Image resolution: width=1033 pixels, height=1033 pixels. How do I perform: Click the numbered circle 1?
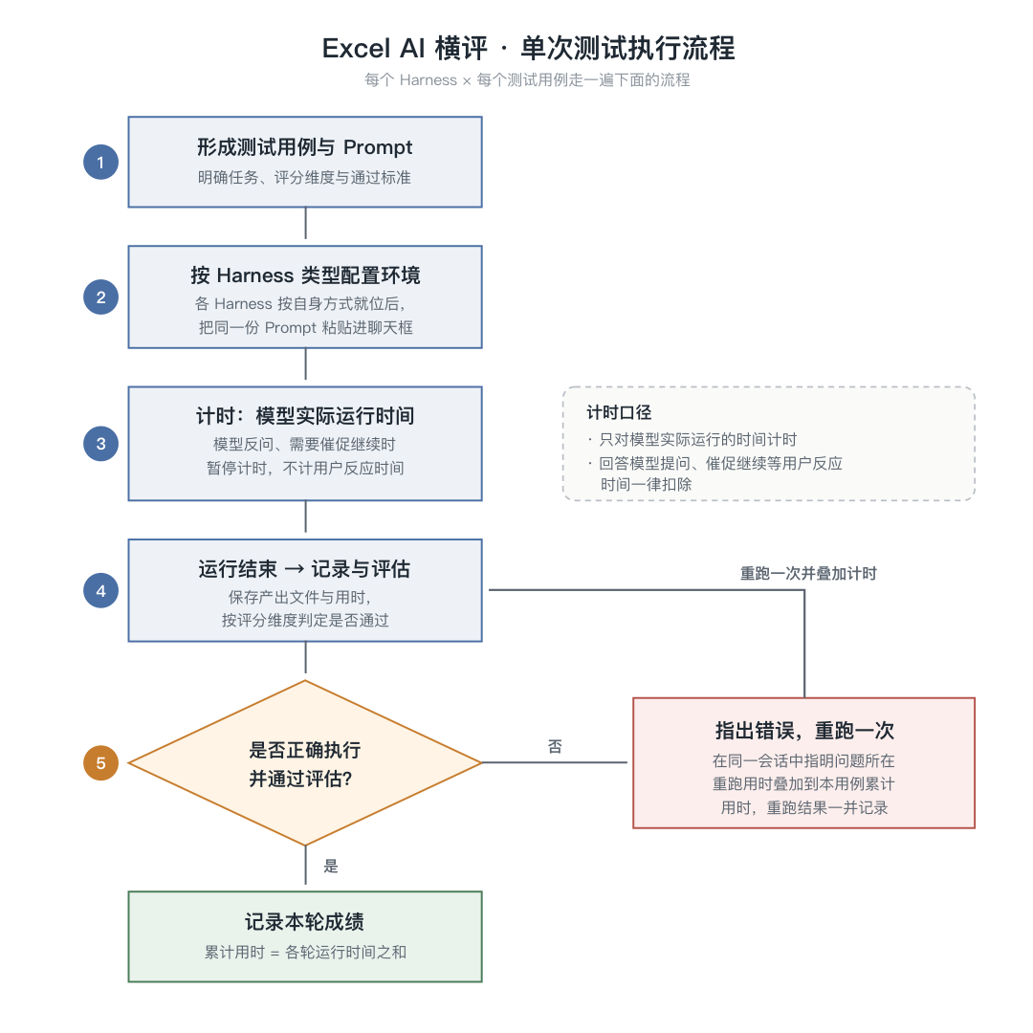[100, 162]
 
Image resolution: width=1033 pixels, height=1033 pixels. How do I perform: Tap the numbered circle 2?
[100, 297]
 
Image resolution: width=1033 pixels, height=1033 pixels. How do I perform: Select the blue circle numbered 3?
[100, 444]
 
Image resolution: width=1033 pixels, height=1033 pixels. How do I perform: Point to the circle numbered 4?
[100, 590]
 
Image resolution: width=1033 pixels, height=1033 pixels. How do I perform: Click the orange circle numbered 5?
[100, 763]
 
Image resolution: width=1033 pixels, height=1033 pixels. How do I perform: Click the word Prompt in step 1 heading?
[378, 147]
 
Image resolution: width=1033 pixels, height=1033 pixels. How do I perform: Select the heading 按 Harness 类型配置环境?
[305, 275]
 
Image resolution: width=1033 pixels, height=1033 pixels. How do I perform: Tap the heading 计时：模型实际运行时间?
[305, 416]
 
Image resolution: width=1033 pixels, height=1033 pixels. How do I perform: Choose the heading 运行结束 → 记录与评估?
[304, 569]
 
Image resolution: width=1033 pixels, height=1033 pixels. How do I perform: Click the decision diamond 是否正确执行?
[305, 763]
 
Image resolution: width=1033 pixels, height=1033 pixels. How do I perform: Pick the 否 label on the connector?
[555, 746]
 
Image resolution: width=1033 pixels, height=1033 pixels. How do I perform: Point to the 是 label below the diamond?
[331, 867]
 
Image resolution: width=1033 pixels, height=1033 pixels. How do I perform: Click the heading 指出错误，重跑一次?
[804, 731]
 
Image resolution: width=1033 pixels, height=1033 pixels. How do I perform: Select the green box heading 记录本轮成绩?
[304, 922]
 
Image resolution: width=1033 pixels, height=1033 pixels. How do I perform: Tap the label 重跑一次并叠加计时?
[808, 574]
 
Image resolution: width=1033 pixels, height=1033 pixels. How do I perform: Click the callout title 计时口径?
[619, 413]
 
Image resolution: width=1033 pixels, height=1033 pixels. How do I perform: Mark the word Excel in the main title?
[356, 49]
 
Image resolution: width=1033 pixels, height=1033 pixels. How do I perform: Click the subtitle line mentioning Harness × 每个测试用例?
[527, 80]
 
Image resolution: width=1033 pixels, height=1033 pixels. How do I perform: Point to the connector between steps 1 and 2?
[306, 223]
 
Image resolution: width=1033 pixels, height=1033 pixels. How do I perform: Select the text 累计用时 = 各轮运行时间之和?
[305, 953]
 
